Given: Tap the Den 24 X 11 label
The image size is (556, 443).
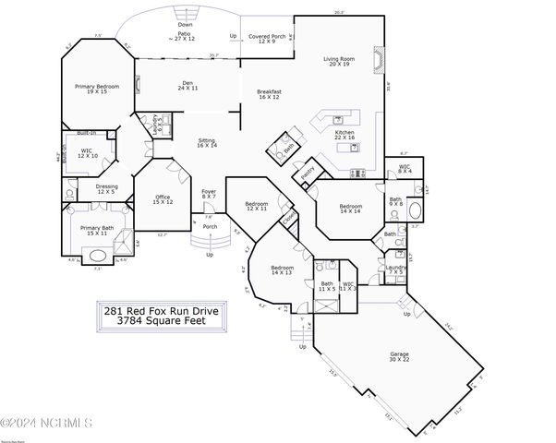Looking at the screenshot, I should click(187, 85).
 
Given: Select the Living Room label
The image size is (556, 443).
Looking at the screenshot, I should click(339, 62).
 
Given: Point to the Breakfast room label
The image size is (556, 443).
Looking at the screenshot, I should click(269, 93).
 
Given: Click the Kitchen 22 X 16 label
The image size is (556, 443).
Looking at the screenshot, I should click(344, 135).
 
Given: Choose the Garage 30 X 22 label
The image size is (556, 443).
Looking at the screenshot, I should click(399, 355).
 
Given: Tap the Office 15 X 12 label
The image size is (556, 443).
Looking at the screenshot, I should click(163, 198).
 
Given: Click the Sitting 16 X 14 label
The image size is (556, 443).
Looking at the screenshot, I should click(207, 143).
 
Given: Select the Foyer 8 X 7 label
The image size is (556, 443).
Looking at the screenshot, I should click(209, 194).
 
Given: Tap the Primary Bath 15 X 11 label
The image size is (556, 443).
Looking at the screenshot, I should click(96, 231).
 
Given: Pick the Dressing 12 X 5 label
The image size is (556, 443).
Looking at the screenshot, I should click(106, 189).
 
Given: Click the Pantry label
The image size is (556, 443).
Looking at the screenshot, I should click(308, 173).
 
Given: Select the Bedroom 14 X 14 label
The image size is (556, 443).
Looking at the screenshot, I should click(351, 210).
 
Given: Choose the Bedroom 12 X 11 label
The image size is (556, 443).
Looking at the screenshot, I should click(256, 206).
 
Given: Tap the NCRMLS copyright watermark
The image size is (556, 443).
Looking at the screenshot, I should click(47, 424).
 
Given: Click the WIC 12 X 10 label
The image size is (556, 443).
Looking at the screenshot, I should click(88, 152).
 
